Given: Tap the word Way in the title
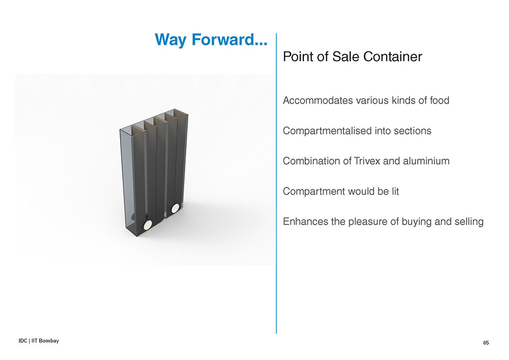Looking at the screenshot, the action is coord(171,40).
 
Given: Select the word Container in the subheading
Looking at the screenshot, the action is coord(392,57).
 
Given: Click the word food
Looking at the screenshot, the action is coord(440,100).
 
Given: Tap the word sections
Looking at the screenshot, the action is coord(412,131).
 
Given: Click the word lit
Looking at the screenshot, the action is coord(395,191).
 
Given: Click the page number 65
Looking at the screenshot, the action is coord(486,343).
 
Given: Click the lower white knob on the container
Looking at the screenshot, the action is coord(148,225).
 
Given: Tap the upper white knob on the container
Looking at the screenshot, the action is coord(175,208).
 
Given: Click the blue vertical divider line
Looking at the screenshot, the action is coord(276,183).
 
